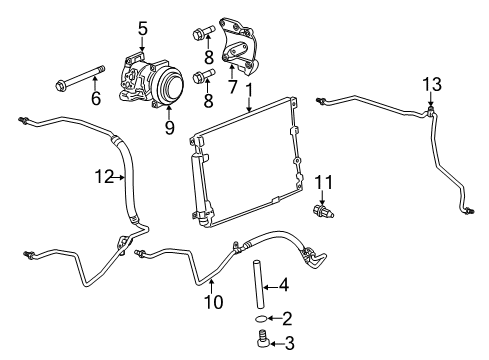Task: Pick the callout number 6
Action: (x=95, y=100)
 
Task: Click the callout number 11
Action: (x=322, y=181)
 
